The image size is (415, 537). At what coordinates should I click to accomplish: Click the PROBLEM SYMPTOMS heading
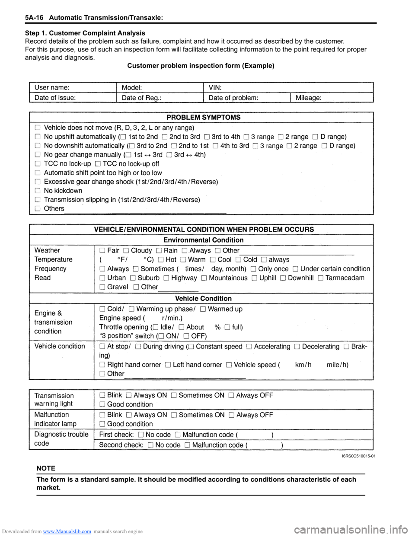point(203,117)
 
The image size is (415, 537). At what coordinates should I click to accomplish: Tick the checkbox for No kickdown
point(38,191)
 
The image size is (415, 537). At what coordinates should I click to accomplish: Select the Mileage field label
point(308,98)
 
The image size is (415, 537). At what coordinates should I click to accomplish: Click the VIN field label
point(215,87)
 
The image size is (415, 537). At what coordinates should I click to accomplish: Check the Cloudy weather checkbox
point(126,251)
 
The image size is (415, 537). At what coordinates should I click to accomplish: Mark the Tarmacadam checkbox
point(320,278)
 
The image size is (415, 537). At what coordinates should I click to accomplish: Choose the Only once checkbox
point(253,269)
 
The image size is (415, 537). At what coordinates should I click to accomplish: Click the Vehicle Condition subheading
point(203,298)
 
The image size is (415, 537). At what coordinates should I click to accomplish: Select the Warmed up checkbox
point(203,309)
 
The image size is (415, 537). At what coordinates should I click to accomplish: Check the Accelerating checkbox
point(249,347)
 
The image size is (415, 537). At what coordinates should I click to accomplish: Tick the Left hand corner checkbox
point(168,365)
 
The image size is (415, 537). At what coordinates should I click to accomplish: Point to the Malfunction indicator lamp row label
point(55,419)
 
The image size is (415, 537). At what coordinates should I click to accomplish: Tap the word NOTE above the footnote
point(46,468)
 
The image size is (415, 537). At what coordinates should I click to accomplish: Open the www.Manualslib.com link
point(67,531)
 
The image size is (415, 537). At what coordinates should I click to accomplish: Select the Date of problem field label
point(233,98)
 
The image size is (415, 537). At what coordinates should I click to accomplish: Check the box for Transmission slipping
point(38,200)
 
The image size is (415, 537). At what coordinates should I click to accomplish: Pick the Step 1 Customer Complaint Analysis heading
point(85,33)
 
